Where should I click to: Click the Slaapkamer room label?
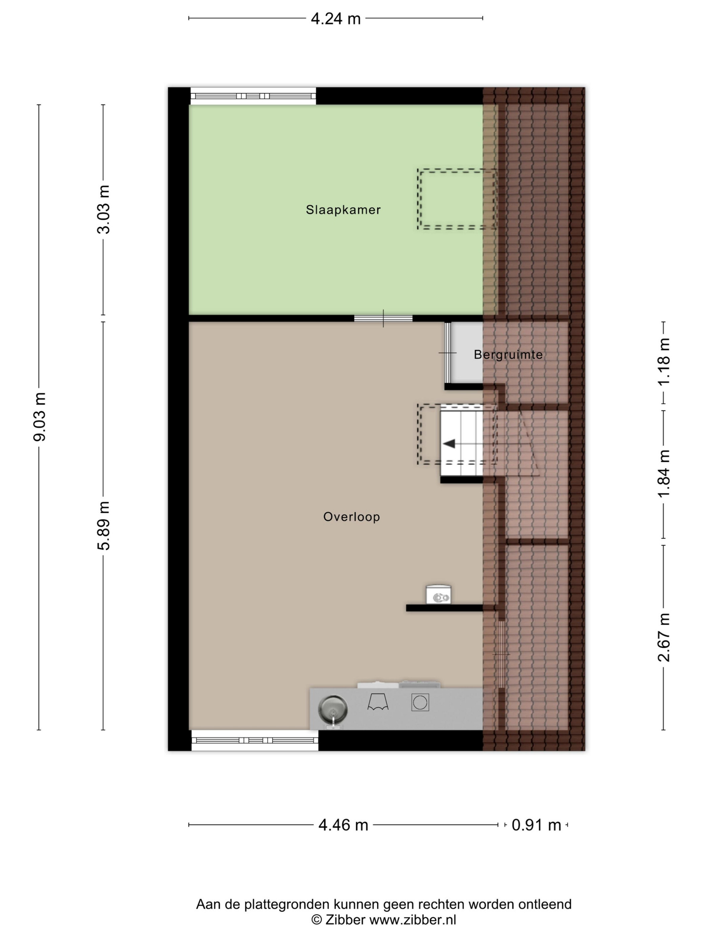pyautogui.click(x=343, y=210)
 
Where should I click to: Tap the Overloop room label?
pyautogui.click(x=351, y=517)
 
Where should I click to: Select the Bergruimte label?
pyautogui.click(x=508, y=354)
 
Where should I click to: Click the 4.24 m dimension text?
pyautogui.click(x=336, y=19)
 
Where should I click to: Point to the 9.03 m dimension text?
pyautogui.click(x=40, y=417)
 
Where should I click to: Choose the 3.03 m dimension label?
pyautogui.click(x=103, y=209)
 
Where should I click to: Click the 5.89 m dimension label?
pyautogui.click(x=103, y=526)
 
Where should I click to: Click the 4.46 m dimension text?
pyautogui.click(x=343, y=825)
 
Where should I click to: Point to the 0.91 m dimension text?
pyautogui.click(x=537, y=825)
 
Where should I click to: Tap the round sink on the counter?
pyautogui.click(x=333, y=710)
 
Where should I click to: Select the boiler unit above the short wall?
pyautogui.click(x=438, y=594)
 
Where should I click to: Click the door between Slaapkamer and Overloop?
pyautogui.click(x=383, y=319)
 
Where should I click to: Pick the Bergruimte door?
pyautogui.click(x=448, y=352)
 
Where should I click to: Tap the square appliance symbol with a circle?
pyautogui.click(x=420, y=703)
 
